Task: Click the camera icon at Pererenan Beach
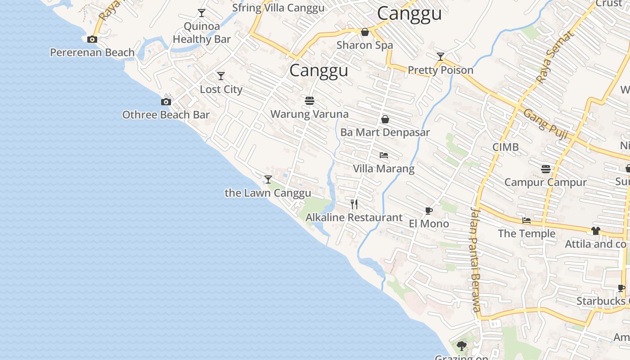(x=92, y=39)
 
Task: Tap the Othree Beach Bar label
(x=166, y=115)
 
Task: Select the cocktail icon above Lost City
(x=220, y=76)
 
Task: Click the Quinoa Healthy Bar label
(x=202, y=33)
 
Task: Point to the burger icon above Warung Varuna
(x=309, y=100)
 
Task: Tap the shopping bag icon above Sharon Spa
(x=365, y=32)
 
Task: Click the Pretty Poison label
(x=441, y=70)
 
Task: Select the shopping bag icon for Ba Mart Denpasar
(x=385, y=119)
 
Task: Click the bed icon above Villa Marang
(x=383, y=155)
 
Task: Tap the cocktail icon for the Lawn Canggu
(x=268, y=180)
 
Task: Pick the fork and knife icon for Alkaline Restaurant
(x=354, y=204)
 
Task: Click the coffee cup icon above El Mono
(x=429, y=211)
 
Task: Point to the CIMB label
(x=505, y=147)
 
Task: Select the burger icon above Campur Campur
(x=546, y=169)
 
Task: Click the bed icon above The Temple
(x=526, y=220)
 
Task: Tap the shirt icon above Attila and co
(x=596, y=231)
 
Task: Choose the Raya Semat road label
(x=555, y=57)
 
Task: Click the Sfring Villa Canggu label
(x=278, y=8)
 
